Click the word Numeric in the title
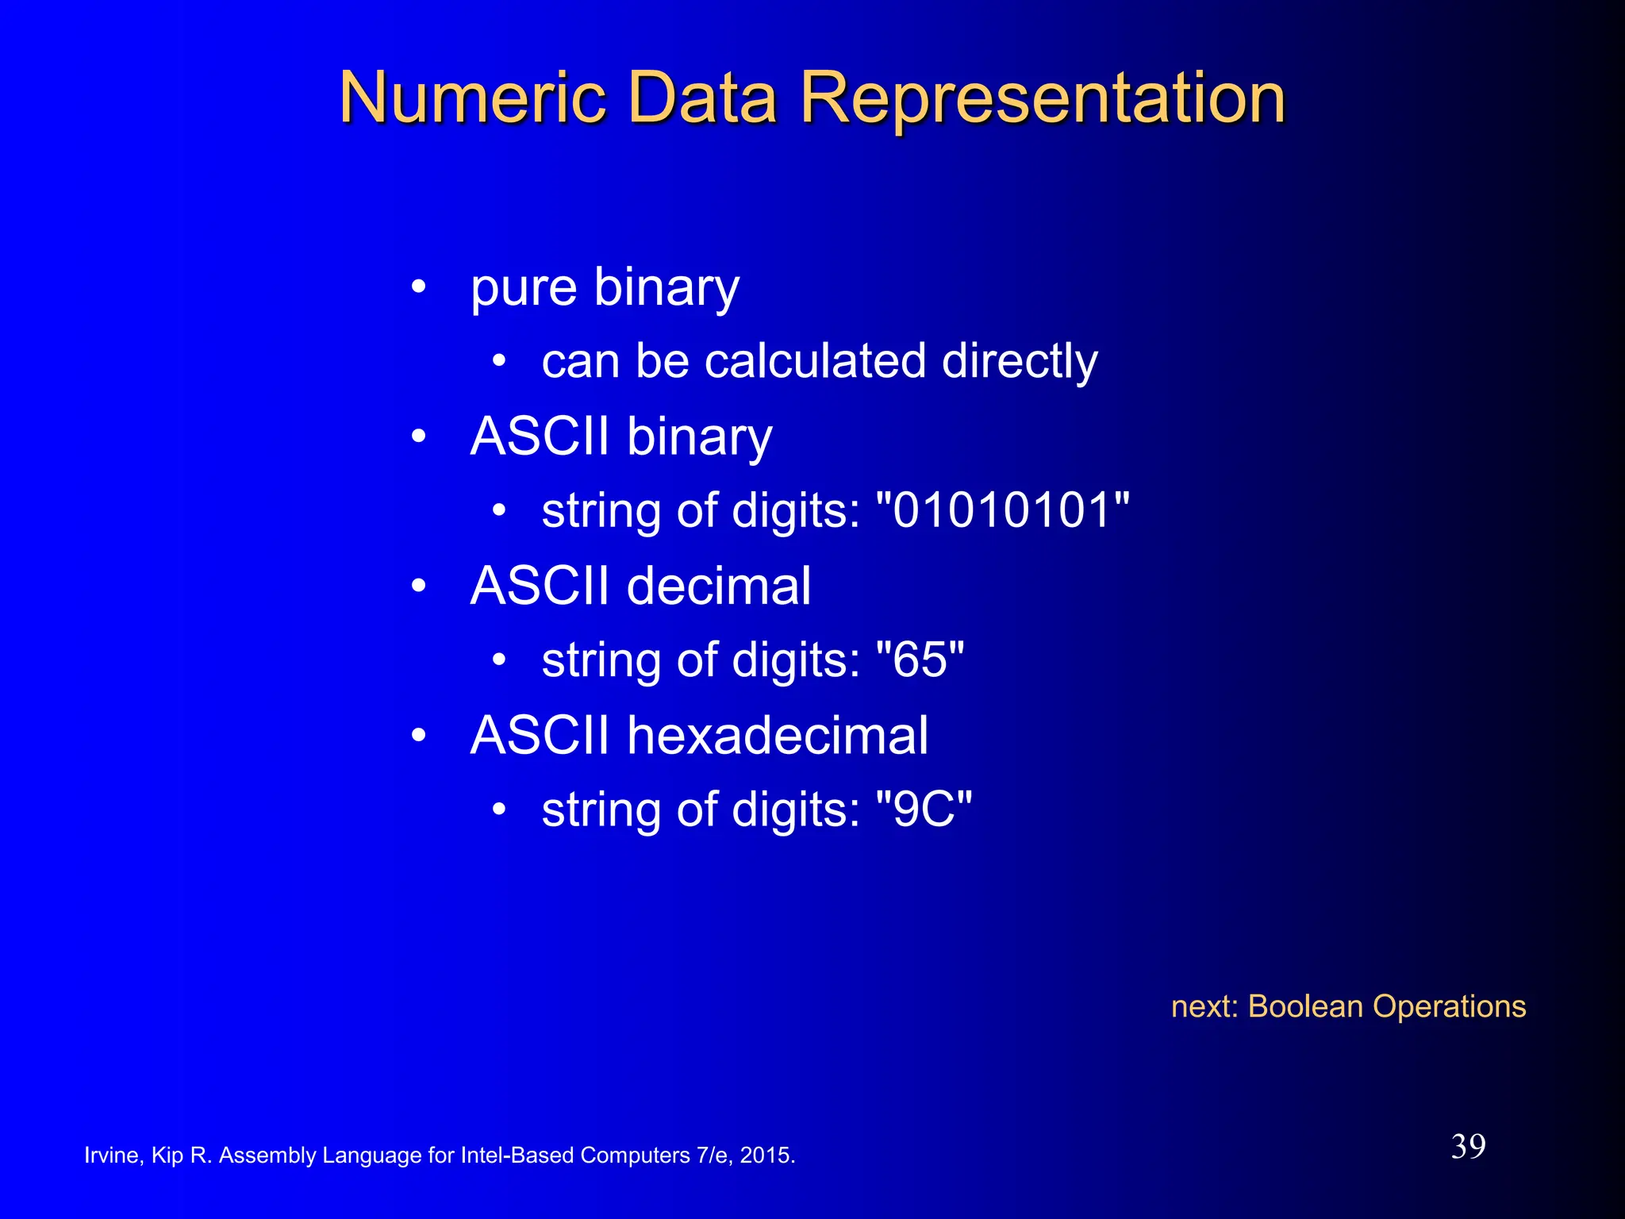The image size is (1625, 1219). point(473,98)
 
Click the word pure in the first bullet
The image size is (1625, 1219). point(523,289)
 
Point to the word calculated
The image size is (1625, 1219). point(815,362)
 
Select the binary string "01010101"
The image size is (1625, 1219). point(1002,510)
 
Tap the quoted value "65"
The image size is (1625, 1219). point(920,659)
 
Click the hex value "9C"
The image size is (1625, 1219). point(924,809)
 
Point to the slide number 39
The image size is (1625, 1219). point(1468,1147)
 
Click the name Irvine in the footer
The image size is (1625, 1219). point(112,1156)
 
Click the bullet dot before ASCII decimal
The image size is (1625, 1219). point(419,586)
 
